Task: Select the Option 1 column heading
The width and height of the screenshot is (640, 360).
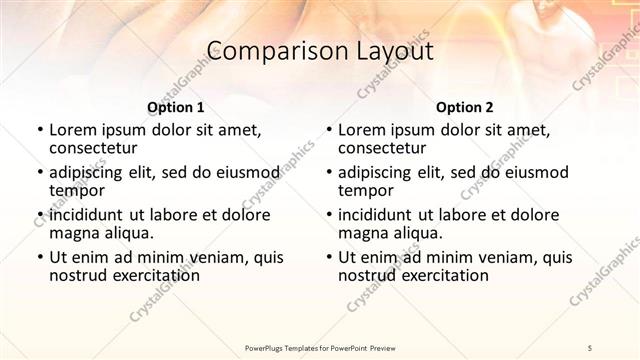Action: click(176, 107)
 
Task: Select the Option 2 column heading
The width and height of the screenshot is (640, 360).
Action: click(465, 107)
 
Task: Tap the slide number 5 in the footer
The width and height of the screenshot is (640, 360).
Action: click(591, 346)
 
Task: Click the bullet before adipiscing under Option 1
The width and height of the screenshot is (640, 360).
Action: click(39, 173)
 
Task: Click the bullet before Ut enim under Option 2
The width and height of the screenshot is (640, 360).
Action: click(328, 257)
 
